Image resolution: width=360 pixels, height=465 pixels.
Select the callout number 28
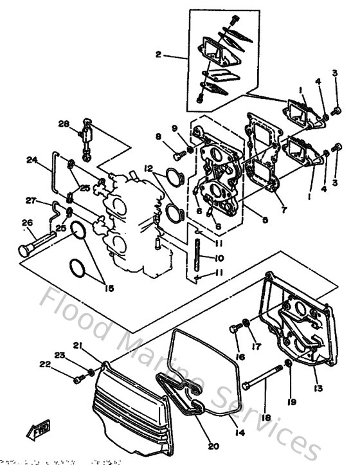[x=64, y=124]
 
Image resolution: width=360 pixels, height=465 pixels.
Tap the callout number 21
[x=78, y=347]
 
